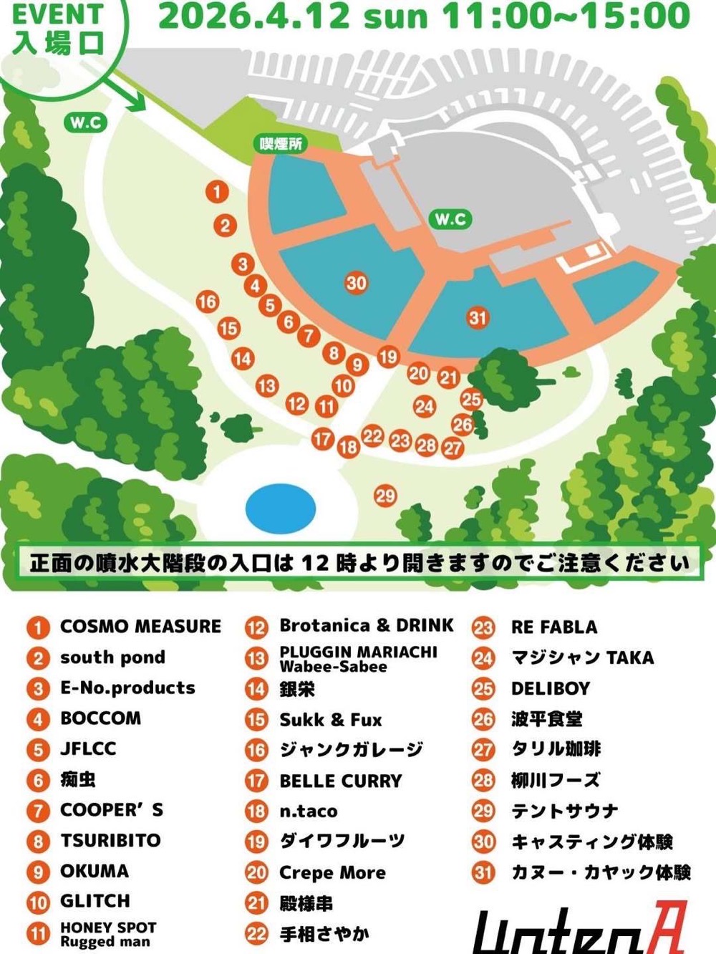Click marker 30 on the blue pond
[x=356, y=283]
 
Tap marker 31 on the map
[x=478, y=317]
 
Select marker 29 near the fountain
[x=385, y=496]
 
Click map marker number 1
[x=217, y=192]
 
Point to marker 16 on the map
[x=208, y=302]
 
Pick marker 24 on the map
[x=425, y=407]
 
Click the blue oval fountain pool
[x=281, y=508]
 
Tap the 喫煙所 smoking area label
[x=281, y=144]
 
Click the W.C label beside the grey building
[x=451, y=219]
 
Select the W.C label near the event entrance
[x=86, y=123]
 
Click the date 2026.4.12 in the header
[x=254, y=16]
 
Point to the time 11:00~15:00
[x=566, y=16]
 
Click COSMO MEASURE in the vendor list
[x=140, y=627]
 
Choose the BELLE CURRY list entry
[x=341, y=781]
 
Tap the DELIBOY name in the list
[x=551, y=689]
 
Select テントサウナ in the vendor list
[x=564, y=811]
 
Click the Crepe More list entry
[x=332, y=873]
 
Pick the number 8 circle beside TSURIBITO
[x=38, y=842]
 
